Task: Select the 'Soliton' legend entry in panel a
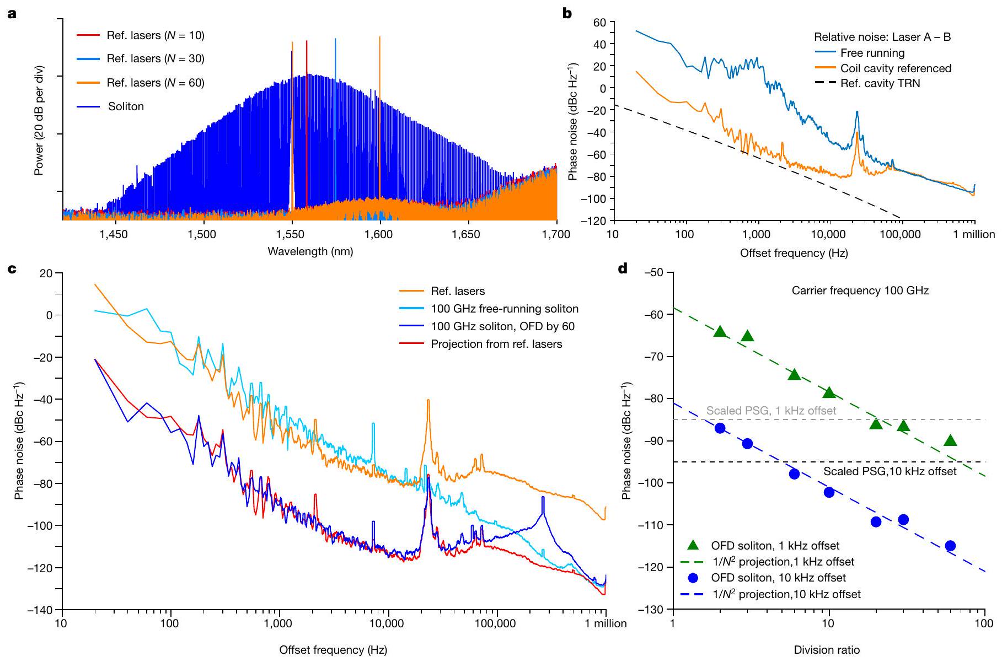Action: [x=126, y=106]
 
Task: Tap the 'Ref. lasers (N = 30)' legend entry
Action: [x=155, y=59]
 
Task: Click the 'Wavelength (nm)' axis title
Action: [x=310, y=252]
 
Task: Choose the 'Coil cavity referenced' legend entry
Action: [x=896, y=68]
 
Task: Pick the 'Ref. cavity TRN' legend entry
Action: [x=880, y=84]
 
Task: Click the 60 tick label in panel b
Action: [x=599, y=22]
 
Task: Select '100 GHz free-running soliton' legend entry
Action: [x=505, y=309]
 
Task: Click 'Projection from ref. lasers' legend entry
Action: [x=496, y=344]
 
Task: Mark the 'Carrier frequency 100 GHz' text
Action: [x=860, y=290]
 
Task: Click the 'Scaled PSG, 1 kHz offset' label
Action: [x=771, y=411]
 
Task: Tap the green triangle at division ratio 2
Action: [x=720, y=331]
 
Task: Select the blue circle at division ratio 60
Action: [x=950, y=546]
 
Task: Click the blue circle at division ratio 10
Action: [x=829, y=492]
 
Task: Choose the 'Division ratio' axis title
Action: [x=826, y=650]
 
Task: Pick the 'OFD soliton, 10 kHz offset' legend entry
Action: [x=778, y=578]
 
